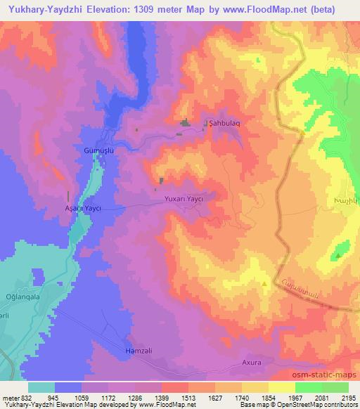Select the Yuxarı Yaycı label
[184, 200]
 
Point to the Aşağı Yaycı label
[84, 209]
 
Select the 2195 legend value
[349, 397]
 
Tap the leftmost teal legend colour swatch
[41, 387]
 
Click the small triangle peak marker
[264, 284]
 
